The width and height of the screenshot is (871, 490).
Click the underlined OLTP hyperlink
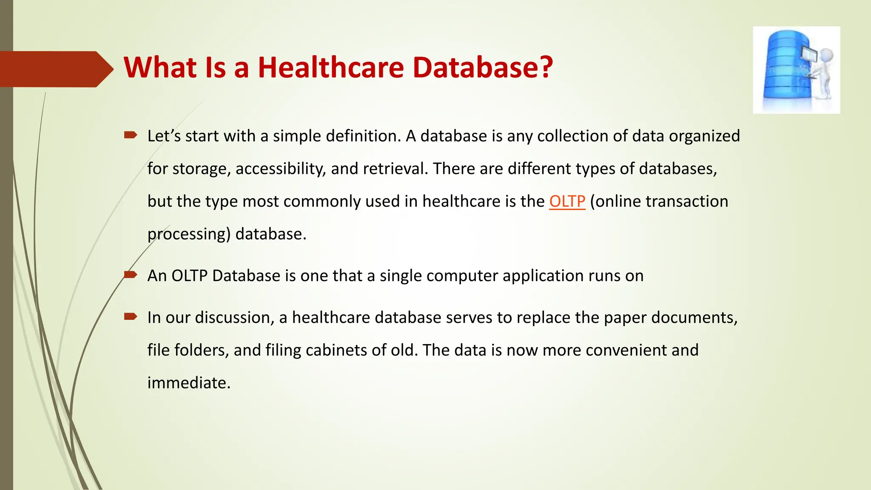567,201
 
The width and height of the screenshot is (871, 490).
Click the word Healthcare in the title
330,68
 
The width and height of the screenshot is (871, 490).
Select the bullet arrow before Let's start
131,135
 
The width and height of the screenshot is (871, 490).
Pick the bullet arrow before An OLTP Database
131,275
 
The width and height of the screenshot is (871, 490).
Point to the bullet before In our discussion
131,316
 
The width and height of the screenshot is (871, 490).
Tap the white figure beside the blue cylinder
823,72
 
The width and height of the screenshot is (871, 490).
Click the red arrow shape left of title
55,69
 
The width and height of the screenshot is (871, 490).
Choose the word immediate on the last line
189,383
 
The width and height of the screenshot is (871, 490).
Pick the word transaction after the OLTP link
687,201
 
